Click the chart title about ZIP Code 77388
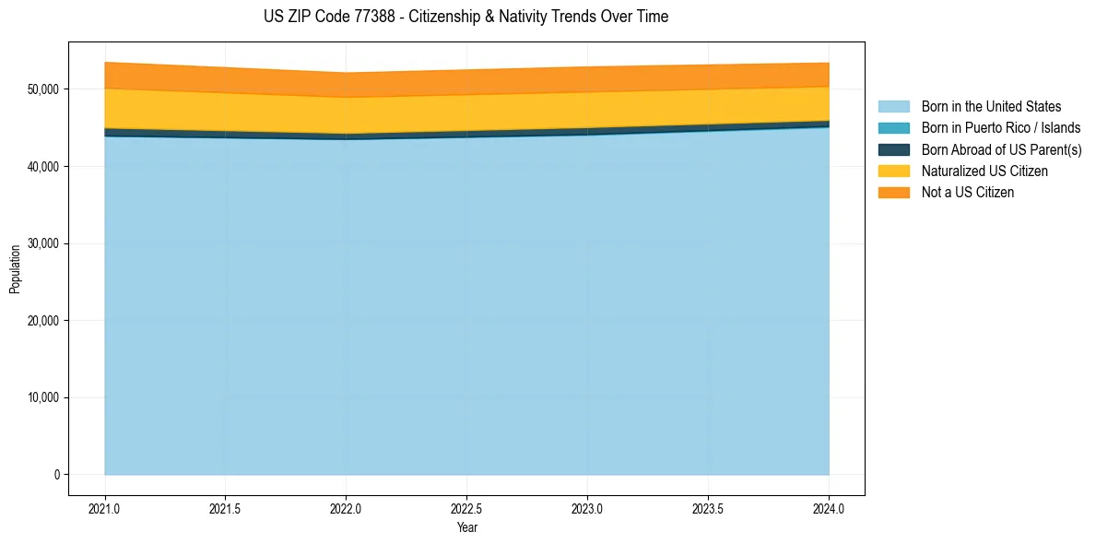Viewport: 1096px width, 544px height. click(x=466, y=17)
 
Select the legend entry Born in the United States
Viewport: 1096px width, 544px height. click(x=991, y=107)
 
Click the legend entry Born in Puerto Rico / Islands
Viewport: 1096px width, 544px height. click(x=1000, y=128)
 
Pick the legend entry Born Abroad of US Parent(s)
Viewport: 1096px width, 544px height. click(x=1001, y=149)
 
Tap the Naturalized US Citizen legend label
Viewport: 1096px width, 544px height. click(x=984, y=171)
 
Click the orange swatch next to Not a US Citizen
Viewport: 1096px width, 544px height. click(x=893, y=193)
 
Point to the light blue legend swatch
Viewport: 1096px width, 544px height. click(x=893, y=107)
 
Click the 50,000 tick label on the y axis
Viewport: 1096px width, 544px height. click(x=42, y=89)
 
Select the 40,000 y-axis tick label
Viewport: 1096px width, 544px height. click(x=42, y=167)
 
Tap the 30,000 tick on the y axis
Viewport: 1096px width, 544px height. click(x=42, y=244)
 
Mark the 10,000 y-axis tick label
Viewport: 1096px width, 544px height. click(x=42, y=398)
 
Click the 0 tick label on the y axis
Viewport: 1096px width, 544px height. click(x=56, y=475)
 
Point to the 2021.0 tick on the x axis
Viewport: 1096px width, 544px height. click(x=105, y=508)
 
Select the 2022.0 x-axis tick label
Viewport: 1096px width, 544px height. click(x=346, y=508)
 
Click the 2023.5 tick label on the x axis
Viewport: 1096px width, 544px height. click(x=708, y=508)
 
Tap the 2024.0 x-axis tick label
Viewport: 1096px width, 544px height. click(x=829, y=508)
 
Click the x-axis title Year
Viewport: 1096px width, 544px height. click(x=466, y=527)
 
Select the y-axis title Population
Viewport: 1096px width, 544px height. click(x=15, y=269)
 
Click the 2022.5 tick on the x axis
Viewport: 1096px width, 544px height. click(x=466, y=508)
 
